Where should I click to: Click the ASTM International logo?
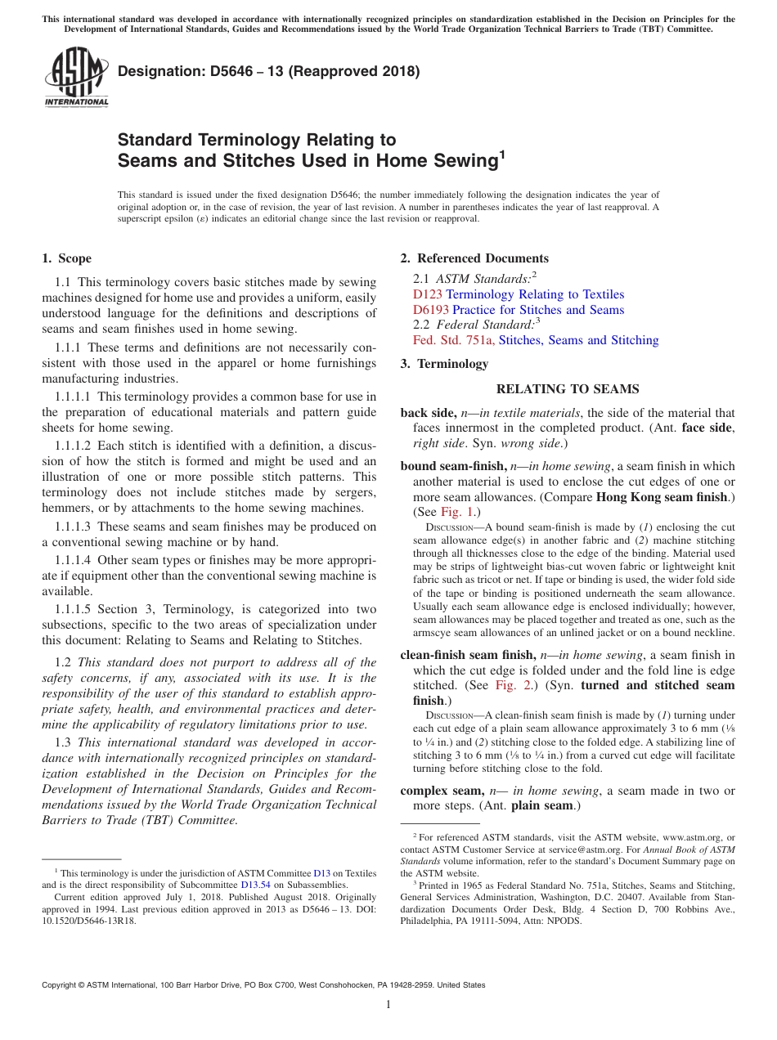76,78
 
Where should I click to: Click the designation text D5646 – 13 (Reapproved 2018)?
269,71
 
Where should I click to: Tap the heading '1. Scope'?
66,258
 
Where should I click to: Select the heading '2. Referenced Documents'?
474,258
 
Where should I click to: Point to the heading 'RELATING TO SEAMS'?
568,389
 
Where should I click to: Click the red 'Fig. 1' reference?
460,512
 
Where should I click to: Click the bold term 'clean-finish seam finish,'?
468,655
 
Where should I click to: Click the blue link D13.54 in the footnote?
255,884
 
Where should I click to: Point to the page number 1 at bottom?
388,1005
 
